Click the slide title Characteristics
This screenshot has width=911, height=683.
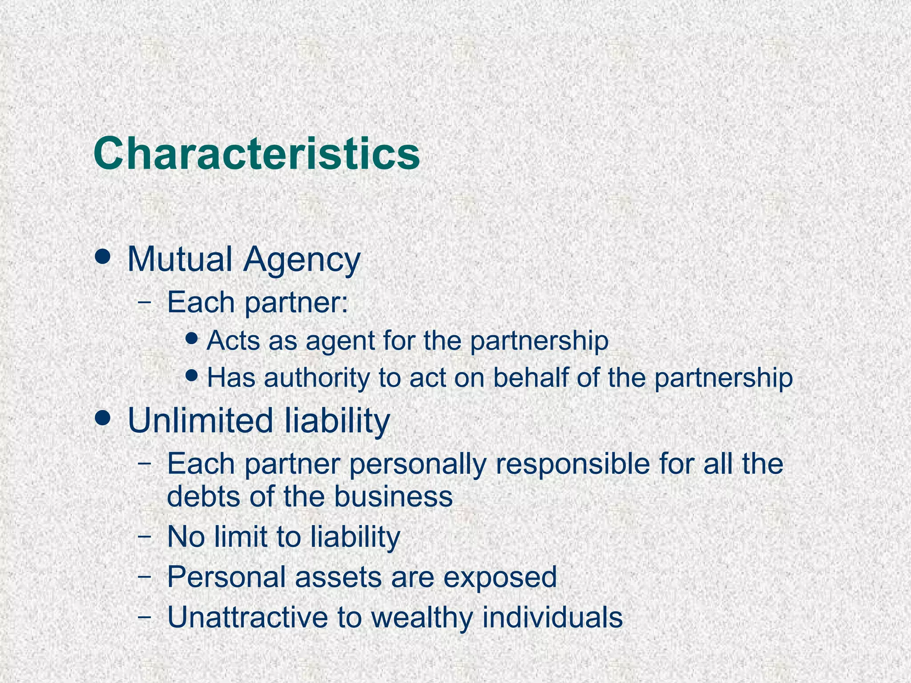257,154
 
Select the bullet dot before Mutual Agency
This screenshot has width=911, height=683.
103,257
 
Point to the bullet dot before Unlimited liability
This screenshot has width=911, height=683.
103,418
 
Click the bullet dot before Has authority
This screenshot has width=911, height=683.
192,376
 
